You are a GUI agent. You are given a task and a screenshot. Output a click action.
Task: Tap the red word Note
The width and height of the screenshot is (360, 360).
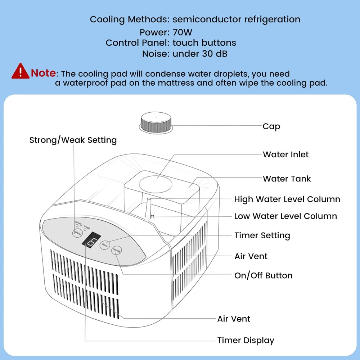click(x=43, y=73)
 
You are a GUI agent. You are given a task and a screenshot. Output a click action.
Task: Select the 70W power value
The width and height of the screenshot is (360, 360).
click(x=183, y=32)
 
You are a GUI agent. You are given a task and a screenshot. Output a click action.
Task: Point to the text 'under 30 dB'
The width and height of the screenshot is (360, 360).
click(x=200, y=54)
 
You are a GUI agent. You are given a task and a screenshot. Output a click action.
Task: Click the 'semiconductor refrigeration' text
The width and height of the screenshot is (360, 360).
click(x=236, y=19)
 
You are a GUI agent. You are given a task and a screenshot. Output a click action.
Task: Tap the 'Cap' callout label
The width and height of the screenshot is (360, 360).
click(x=271, y=126)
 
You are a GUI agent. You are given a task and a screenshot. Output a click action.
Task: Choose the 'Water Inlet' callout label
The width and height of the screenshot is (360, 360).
click(x=285, y=155)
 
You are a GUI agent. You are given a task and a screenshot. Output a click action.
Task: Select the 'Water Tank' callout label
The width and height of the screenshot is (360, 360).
click(x=287, y=179)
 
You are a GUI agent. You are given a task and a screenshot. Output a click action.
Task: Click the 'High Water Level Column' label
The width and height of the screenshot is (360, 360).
click(x=287, y=199)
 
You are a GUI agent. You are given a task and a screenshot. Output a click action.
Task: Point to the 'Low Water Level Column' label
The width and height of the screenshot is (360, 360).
click(x=285, y=216)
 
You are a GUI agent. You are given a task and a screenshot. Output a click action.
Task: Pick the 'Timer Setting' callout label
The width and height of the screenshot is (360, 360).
click(x=262, y=235)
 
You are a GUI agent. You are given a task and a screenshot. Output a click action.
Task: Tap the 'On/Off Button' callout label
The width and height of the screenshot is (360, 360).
click(x=263, y=275)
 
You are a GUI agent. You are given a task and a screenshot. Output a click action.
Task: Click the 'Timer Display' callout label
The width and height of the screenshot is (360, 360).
click(x=246, y=340)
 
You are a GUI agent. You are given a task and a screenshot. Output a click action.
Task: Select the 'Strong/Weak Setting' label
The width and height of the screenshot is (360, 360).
click(x=73, y=140)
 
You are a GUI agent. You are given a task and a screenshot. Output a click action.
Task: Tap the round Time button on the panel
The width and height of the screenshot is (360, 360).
click(x=104, y=245)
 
